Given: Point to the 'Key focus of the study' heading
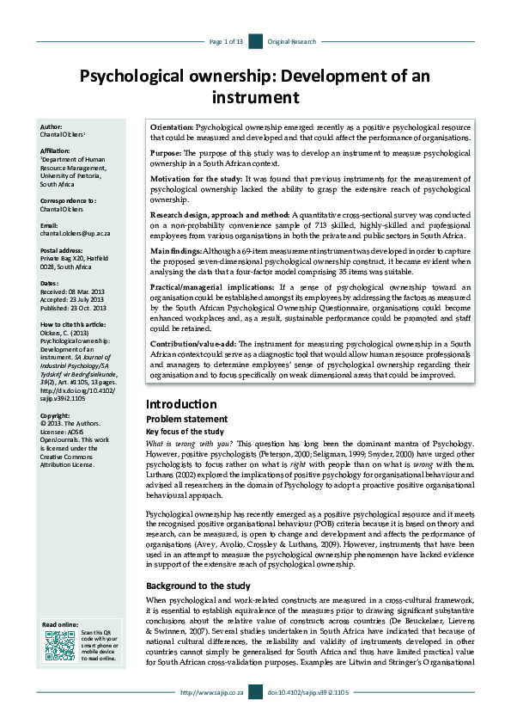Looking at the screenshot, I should (x=185, y=431).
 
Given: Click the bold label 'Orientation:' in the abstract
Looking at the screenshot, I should (x=173, y=126).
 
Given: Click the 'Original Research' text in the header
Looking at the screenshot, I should (x=292, y=41).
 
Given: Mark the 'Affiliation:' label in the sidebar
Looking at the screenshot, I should (x=58, y=150).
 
